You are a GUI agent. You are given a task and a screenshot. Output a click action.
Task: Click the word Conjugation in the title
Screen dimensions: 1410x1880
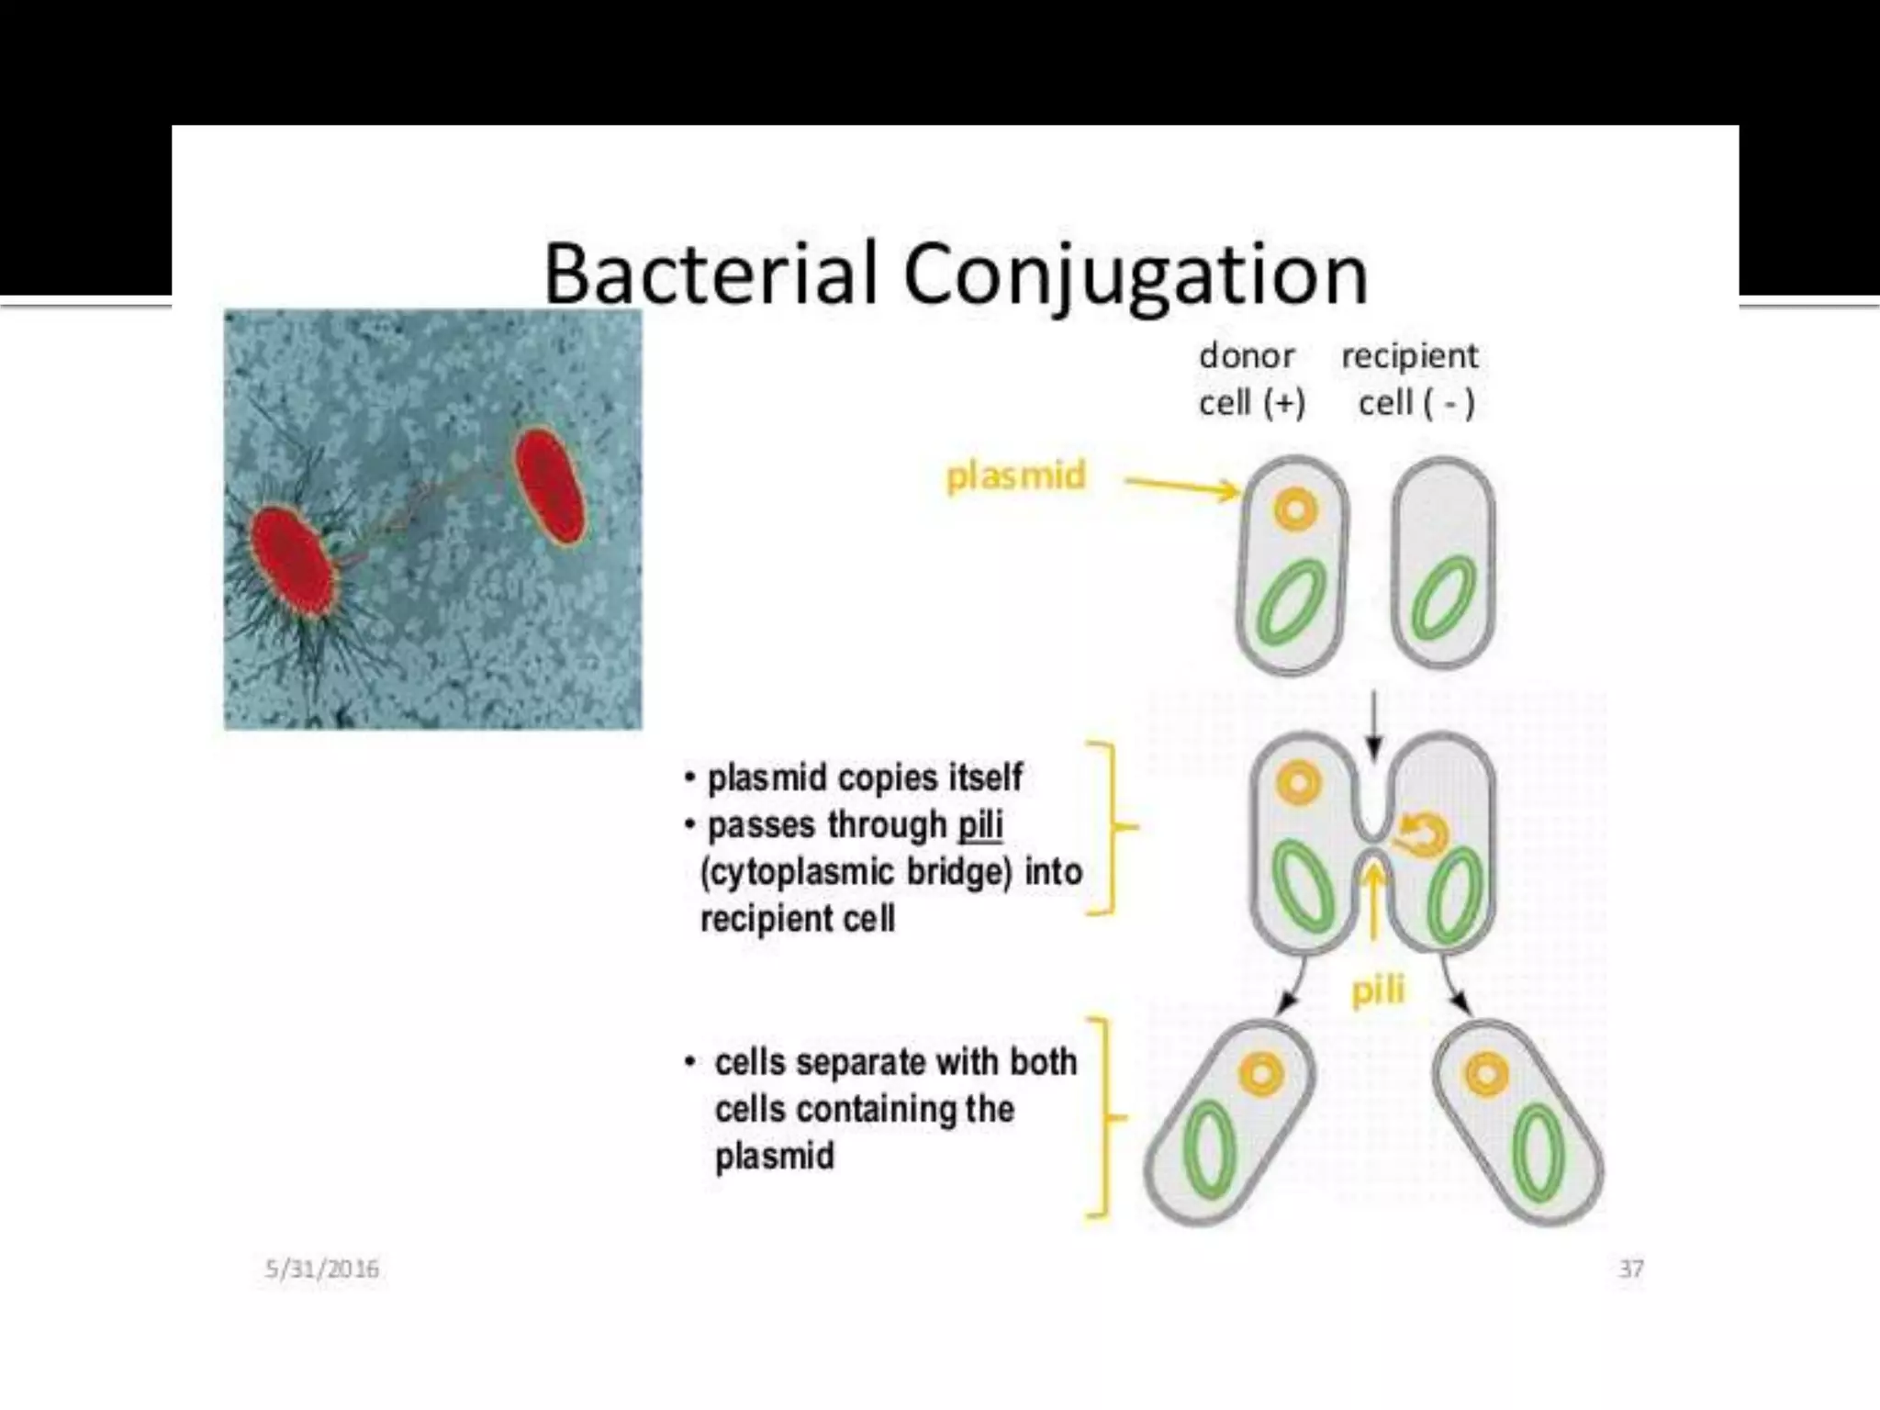1136,275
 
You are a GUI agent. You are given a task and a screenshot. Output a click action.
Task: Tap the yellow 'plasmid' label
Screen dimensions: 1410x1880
1015,476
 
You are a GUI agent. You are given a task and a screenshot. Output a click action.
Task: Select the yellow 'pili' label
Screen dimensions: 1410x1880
1378,990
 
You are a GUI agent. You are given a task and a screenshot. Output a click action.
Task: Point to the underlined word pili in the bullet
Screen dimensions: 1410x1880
980,824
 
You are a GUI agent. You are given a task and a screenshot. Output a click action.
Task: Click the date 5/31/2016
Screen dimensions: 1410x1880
321,1269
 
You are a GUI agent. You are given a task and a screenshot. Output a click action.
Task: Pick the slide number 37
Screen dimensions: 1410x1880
1630,1269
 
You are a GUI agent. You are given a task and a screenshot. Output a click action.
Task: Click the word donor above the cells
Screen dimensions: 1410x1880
1247,355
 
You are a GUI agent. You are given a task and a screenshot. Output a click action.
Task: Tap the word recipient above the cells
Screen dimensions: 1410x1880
1410,355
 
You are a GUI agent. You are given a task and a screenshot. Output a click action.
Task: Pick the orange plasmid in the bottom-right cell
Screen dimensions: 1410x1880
1486,1073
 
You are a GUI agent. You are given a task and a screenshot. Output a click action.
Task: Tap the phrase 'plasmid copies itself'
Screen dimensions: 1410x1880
865,778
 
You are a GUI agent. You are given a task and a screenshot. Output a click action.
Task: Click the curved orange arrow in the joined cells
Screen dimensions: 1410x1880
1421,834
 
